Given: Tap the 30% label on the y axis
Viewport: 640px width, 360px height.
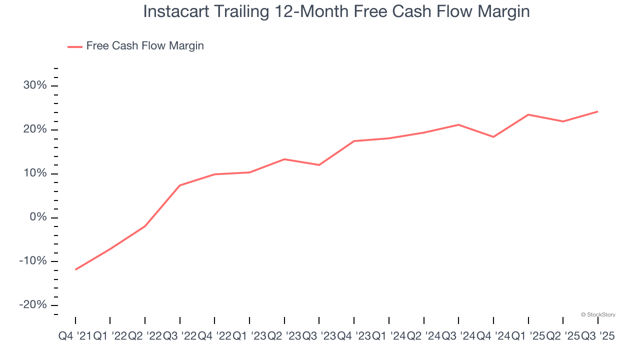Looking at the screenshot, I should [x=35, y=85].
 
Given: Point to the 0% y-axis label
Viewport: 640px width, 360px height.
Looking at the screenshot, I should [x=38, y=217].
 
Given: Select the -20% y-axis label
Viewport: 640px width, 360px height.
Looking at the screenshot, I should [x=33, y=305].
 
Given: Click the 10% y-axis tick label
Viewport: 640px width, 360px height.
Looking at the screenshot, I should [x=35, y=173].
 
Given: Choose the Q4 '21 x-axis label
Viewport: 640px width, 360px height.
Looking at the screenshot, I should [x=75, y=336].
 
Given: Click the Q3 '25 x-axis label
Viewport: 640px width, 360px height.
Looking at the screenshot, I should [x=597, y=336].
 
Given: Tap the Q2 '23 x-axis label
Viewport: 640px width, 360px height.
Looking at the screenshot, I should [x=284, y=336].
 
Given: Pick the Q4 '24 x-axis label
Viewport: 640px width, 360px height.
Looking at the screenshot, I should [x=493, y=336].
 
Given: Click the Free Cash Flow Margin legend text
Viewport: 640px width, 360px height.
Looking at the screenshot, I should [x=145, y=46].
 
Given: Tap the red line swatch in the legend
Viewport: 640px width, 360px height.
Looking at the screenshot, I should [x=75, y=46].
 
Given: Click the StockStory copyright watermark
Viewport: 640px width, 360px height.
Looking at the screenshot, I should [x=598, y=314].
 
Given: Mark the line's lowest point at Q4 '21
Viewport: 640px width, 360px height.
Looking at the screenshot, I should [x=75, y=269].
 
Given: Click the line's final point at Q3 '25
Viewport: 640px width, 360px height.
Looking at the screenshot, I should [x=597, y=111].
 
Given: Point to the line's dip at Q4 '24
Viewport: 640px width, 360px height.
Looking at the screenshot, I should [x=493, y=137].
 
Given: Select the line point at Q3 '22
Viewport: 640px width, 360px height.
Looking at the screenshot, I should [x=179, y=185].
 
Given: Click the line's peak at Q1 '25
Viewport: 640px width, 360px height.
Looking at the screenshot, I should [x=528, y=114].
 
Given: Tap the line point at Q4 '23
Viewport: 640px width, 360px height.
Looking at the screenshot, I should [x=354, y=141].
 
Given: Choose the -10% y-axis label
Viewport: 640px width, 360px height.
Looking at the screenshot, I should [x=33, y=261].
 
